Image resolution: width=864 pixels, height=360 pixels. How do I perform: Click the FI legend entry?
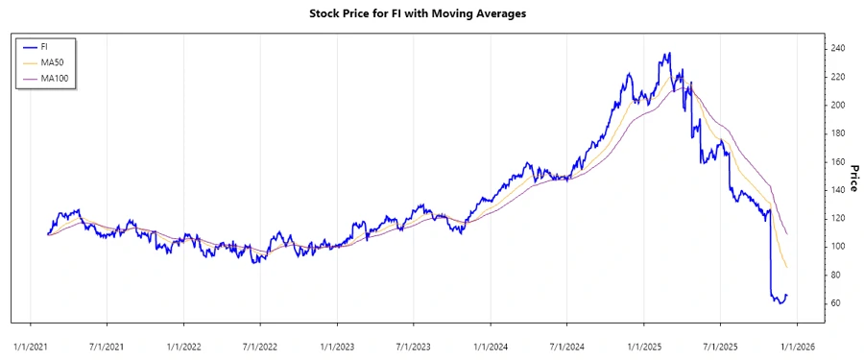[x=44, y=46]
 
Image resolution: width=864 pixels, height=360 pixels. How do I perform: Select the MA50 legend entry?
[x=52, y=62]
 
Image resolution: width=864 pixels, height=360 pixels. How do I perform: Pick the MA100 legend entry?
[x=55, y=79]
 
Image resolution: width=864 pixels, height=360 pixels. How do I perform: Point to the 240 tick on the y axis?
[x=837, y=48]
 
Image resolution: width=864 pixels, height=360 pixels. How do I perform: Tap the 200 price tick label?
[x=837, y=105]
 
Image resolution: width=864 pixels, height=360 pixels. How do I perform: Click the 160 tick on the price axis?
[x=837, y=161]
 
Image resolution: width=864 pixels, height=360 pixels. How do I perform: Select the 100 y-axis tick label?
[x=837, y=247]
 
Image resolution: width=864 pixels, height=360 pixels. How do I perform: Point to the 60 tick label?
[x=835, y=303]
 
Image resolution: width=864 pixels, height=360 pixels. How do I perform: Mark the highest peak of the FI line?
[x=669, y=54]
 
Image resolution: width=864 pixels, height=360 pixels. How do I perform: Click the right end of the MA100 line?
[x=787, y=234]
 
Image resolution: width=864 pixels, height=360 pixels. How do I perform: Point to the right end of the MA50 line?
[x=787, y=268]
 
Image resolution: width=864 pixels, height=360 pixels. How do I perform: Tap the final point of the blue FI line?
[x=787, y=295]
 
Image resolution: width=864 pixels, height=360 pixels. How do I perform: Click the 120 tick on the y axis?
[x=837, y=218]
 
